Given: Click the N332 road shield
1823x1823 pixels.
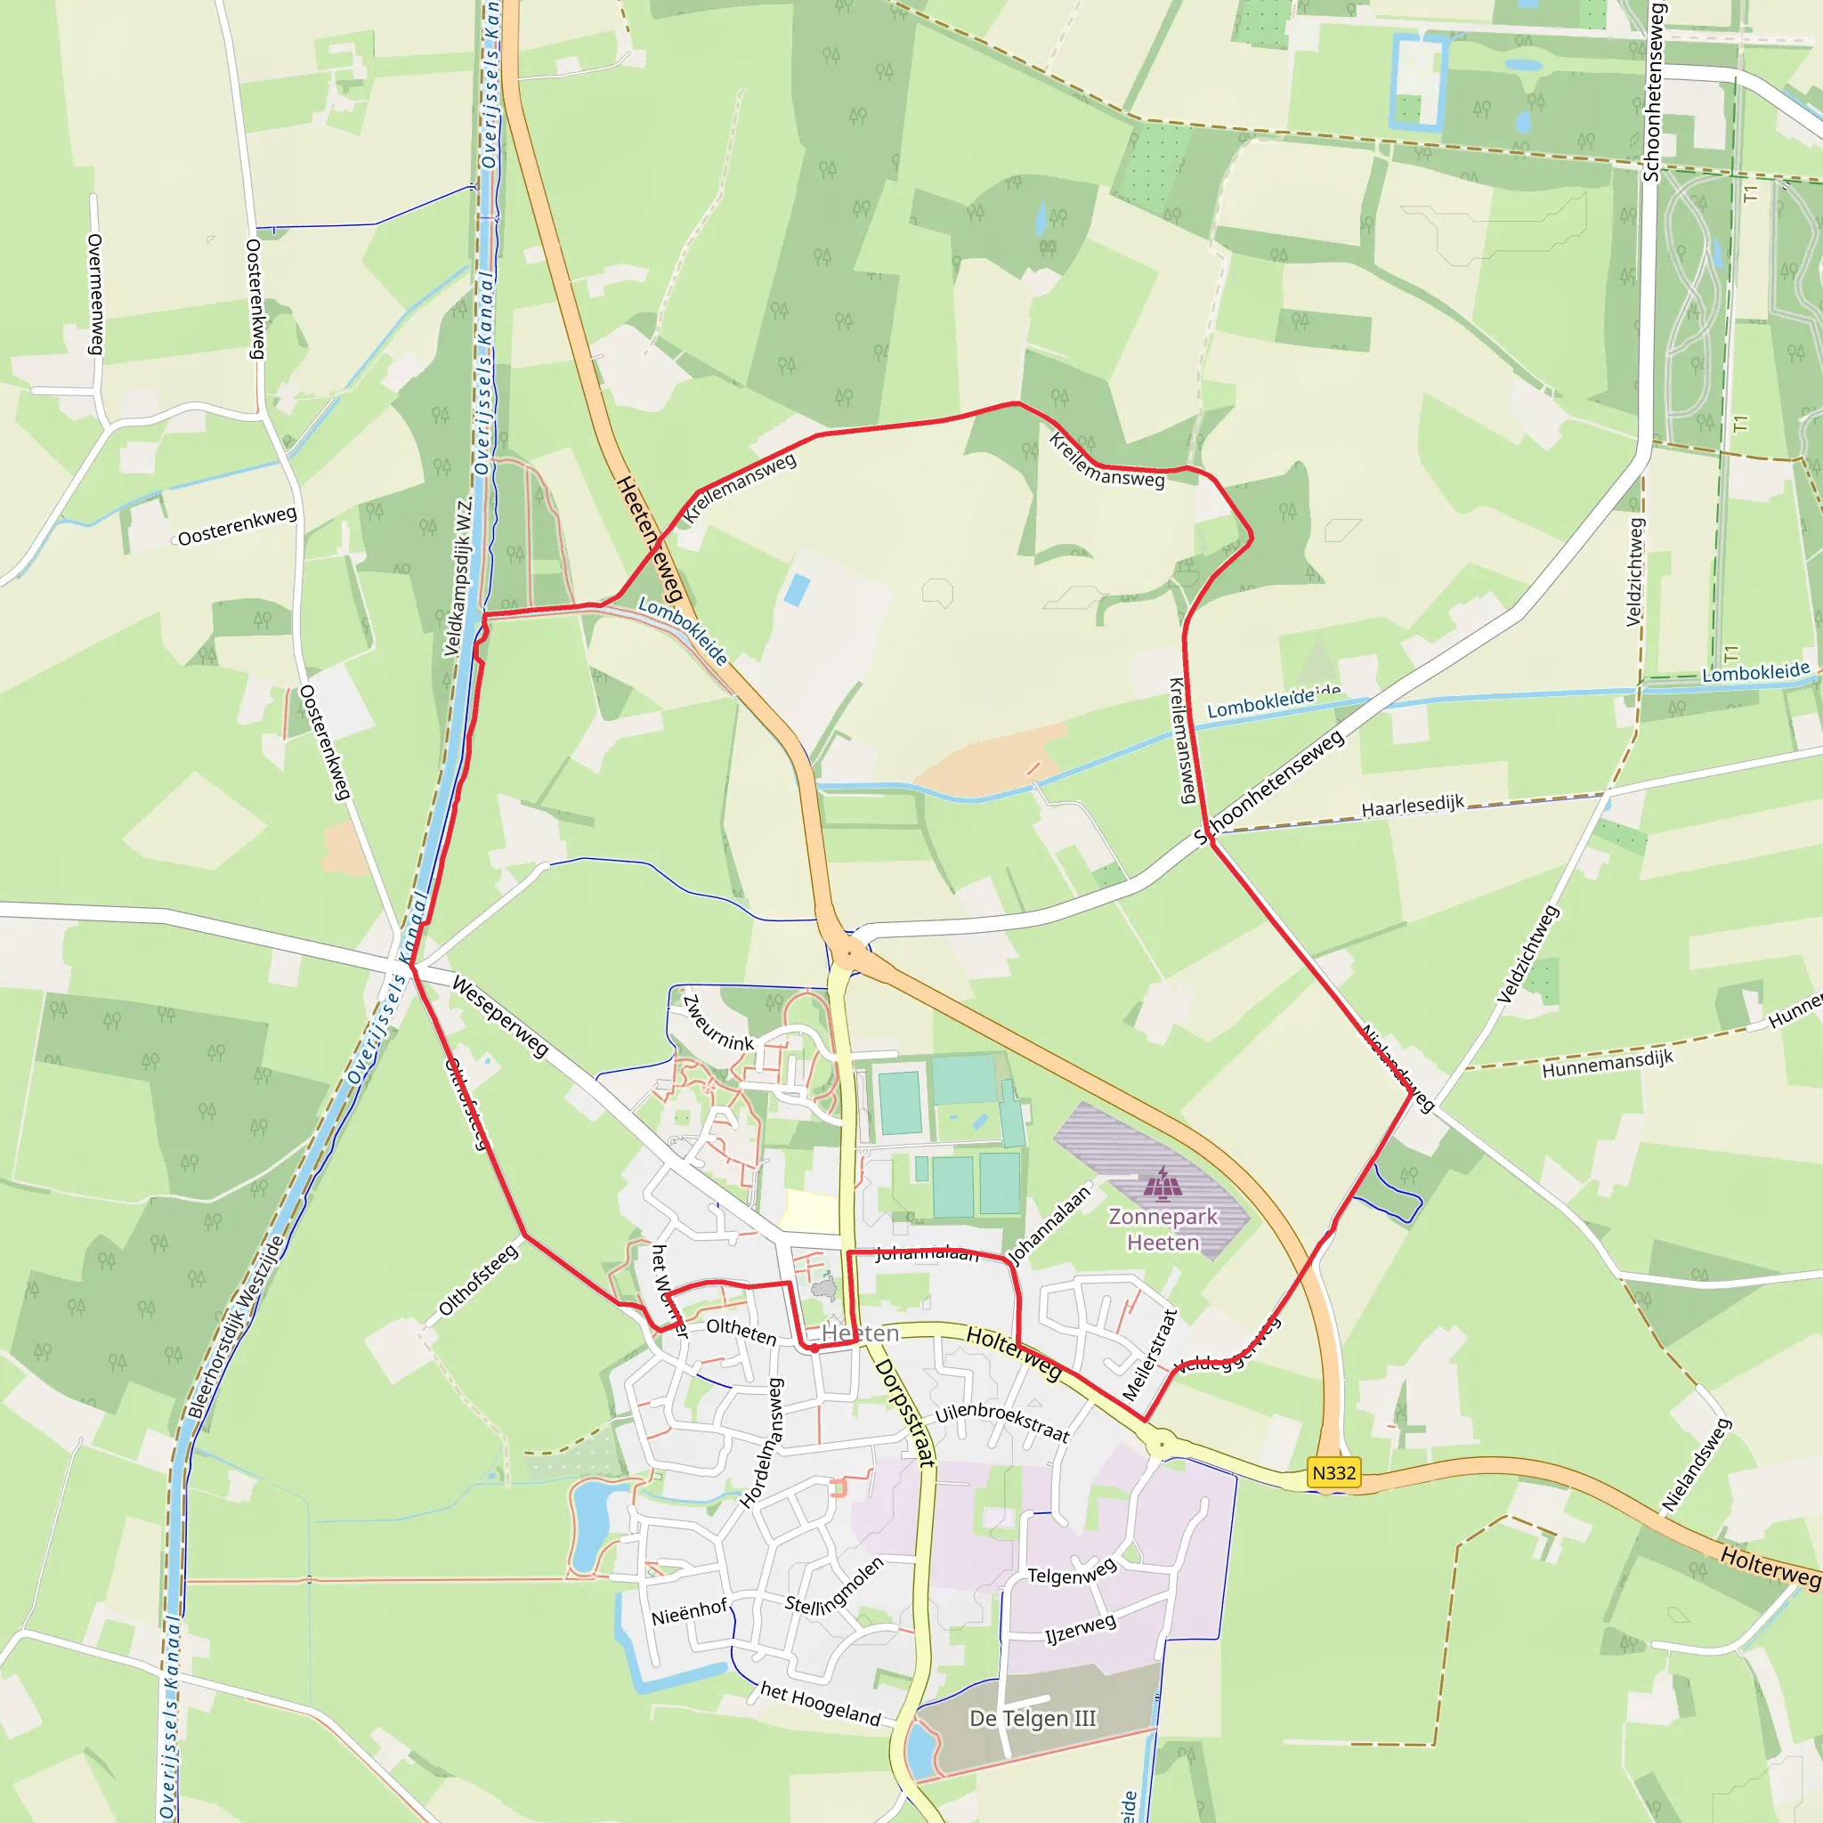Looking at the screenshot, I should pyautogui.click(x=1333, y=1473).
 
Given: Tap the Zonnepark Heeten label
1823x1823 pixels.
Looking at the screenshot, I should pyautogui.click(x=1163, y=1229).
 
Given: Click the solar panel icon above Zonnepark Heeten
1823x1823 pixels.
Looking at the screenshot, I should pyautogui.click(x=1163, y=1181).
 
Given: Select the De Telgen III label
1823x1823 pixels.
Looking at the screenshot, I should pyautogui.click(x=1033, y=1718).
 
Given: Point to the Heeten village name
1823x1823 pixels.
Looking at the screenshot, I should pyautogui.click(x=860, y=1333).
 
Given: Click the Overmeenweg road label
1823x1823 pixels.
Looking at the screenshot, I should pyautogui.click(x=95, y=295).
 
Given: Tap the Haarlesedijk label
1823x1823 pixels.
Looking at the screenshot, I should pyautogui.click(x=1412, y=806).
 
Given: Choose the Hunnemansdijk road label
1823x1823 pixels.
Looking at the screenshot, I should pyautogui.click(x=1607, y=1064).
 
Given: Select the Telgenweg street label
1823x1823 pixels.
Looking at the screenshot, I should pyautogui.click(x=1072, y=1572).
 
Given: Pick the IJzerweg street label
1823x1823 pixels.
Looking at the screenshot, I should pyautogui.click(x=1081, y=1629).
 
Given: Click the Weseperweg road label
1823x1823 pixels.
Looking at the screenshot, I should pyautogui.click(x=500, y=1017).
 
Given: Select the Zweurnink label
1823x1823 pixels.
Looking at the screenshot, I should pyautogui.click(x=718, y=1024).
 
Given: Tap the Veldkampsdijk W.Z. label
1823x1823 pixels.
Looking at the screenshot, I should pyautogui.click(x=458, y=577).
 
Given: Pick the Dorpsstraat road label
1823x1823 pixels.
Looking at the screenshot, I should pyautogui.click(x=905, y=1413).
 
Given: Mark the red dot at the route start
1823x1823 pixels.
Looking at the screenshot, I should pyautogui.click(x=814, y=1349).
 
